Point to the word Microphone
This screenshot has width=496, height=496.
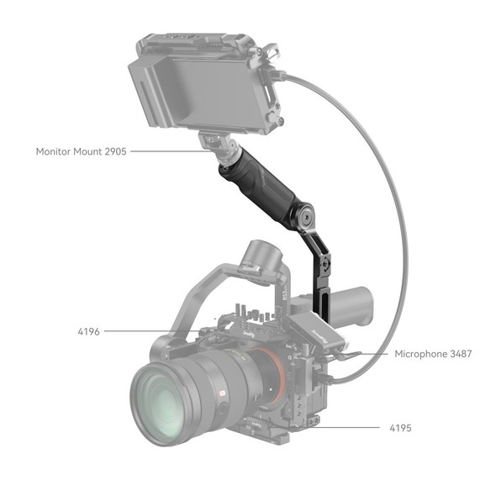422,354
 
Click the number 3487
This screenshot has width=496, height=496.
461,354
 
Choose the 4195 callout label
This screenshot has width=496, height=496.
399,428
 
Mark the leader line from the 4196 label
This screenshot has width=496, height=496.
151,331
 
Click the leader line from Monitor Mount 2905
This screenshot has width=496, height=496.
168,152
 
